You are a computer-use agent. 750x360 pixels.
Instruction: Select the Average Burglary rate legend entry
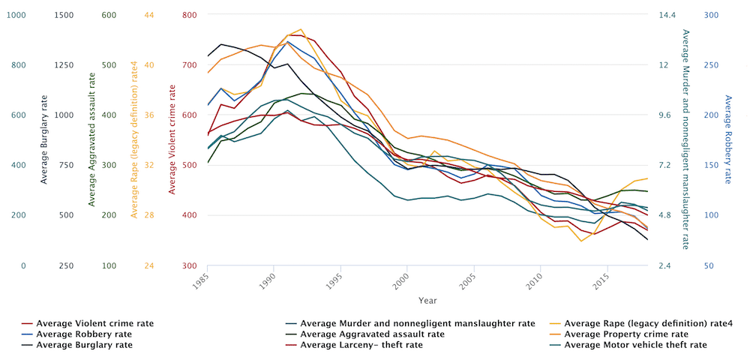coord(88,345)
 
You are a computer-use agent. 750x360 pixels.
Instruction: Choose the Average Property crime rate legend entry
coord(625,334)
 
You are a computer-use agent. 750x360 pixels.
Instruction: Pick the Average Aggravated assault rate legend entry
coord(372,334)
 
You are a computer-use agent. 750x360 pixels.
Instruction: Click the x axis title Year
coord(428,300)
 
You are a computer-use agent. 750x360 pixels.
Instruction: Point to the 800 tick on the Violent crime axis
coord(189,15)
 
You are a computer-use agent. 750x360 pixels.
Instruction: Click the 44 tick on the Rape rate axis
coord(148,15)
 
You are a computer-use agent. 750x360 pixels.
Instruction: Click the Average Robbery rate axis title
coord(727,140)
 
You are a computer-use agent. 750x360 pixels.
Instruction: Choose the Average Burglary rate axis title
coord(44,140)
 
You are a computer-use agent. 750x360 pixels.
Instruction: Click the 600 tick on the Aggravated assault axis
coord(109,15)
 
